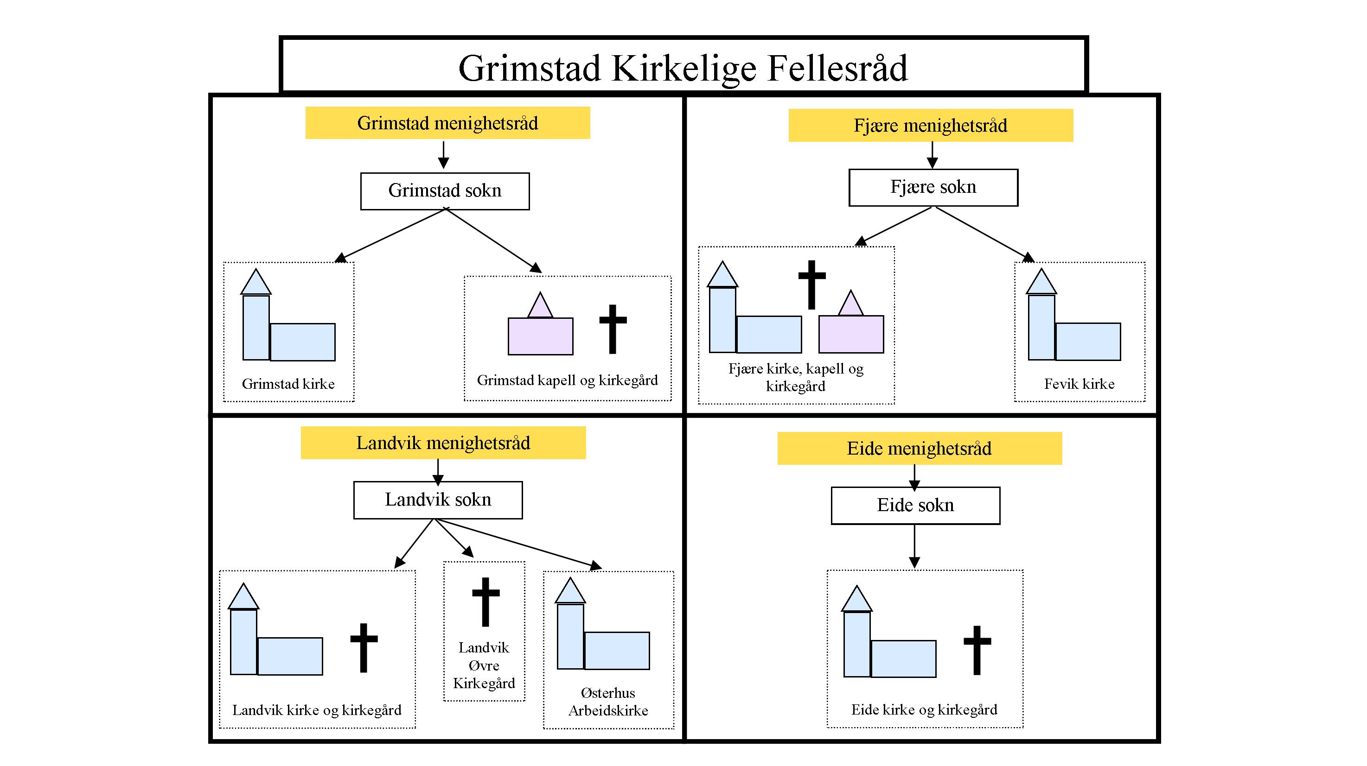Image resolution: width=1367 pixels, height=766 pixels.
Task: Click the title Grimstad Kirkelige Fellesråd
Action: point(683,68)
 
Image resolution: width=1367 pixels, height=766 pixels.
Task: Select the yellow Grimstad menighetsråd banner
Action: point(447,123)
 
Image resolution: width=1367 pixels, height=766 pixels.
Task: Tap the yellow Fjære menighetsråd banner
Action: point(930,126)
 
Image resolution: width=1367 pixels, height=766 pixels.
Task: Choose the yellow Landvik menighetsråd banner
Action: point(443,443)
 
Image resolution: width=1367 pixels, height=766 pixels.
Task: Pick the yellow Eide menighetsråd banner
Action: point(919,449)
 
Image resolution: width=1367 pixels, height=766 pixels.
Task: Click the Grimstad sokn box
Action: point(445,191)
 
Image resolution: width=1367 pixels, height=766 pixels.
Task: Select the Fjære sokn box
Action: point(933,187)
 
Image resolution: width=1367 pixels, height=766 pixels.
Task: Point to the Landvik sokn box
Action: point(438,500)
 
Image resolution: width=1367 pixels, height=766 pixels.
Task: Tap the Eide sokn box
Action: point(915,506)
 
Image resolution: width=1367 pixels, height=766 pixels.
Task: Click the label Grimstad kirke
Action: point(288,384)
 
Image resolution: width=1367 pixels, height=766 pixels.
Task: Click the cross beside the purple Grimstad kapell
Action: point(613,329)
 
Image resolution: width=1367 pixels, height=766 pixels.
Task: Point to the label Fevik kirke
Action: point(1079,384)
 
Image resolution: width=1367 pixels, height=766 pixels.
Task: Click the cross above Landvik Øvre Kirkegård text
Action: point(485,601)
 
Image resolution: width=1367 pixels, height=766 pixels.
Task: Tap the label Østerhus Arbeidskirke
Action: point(608,701)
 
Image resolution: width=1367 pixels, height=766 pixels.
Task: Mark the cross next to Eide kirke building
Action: point(977,650)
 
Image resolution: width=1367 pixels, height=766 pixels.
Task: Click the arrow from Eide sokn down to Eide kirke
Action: point(914,546)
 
